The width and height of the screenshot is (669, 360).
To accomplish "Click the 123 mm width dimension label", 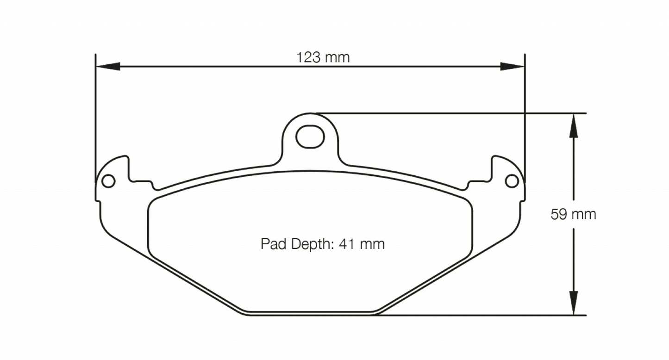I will (323, 57).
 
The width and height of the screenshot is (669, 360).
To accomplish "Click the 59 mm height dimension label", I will (573, 214).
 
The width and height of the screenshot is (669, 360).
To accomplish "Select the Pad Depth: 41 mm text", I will (323, 244).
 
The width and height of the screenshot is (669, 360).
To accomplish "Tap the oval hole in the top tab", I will (309, 137).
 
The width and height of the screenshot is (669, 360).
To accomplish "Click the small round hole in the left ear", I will (108, 181).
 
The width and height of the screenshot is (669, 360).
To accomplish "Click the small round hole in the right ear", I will (512, 181).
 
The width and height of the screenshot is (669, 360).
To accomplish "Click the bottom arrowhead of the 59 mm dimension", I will (573, 303).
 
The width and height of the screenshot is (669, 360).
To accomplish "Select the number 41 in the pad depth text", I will (347, 244).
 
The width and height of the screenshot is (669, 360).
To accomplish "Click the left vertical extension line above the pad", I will (95, 116).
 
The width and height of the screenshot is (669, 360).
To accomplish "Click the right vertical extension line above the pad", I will (525, 116).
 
